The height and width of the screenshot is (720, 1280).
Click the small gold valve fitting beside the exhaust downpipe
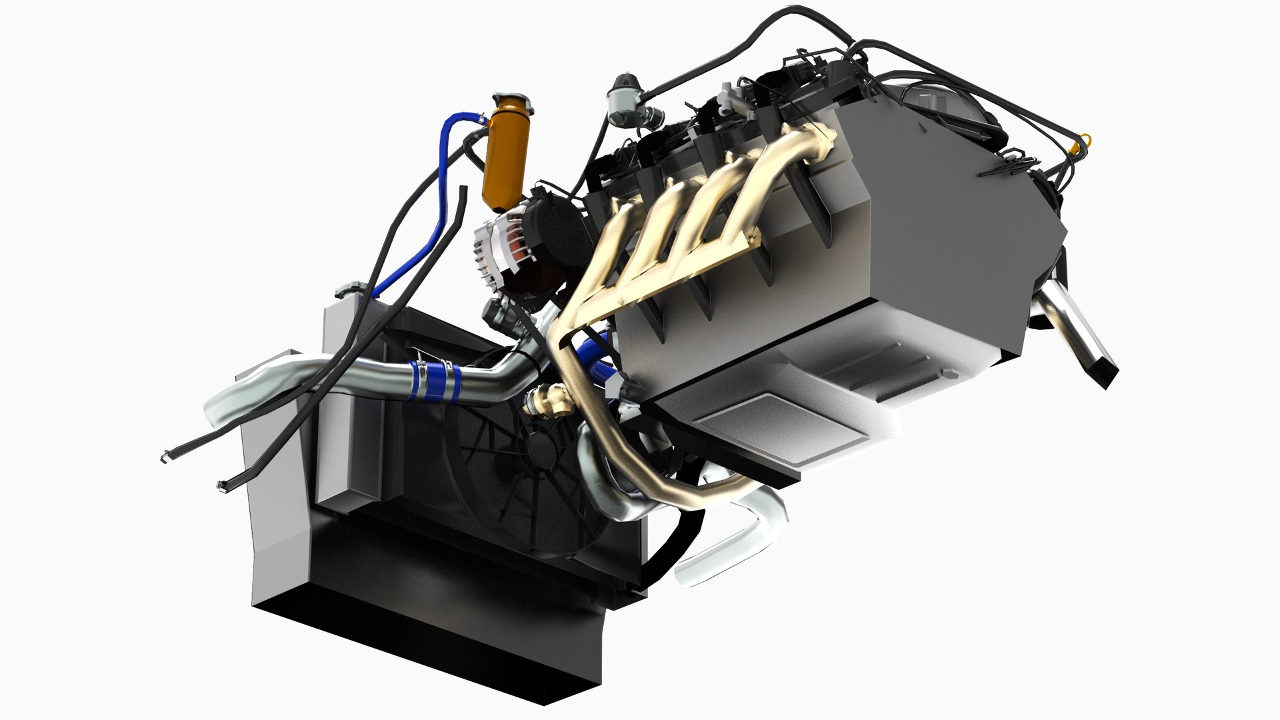(x=548, y=400)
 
